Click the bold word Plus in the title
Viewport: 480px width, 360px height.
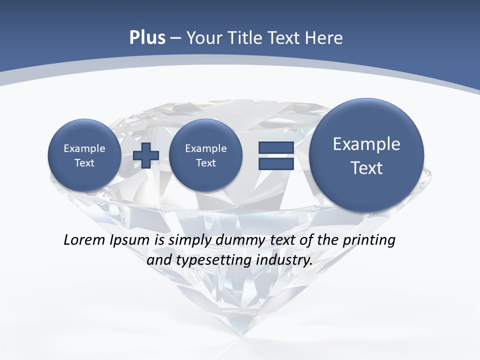(x=147, y=38)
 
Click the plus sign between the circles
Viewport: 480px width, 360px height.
(x=146, y=155)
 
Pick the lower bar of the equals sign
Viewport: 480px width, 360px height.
(x=275, y=163)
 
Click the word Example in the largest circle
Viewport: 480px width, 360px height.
(x=366, y=144)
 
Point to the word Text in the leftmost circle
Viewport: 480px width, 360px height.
(x=84, y=163)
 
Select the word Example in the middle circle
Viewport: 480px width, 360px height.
(x=205, y=148)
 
